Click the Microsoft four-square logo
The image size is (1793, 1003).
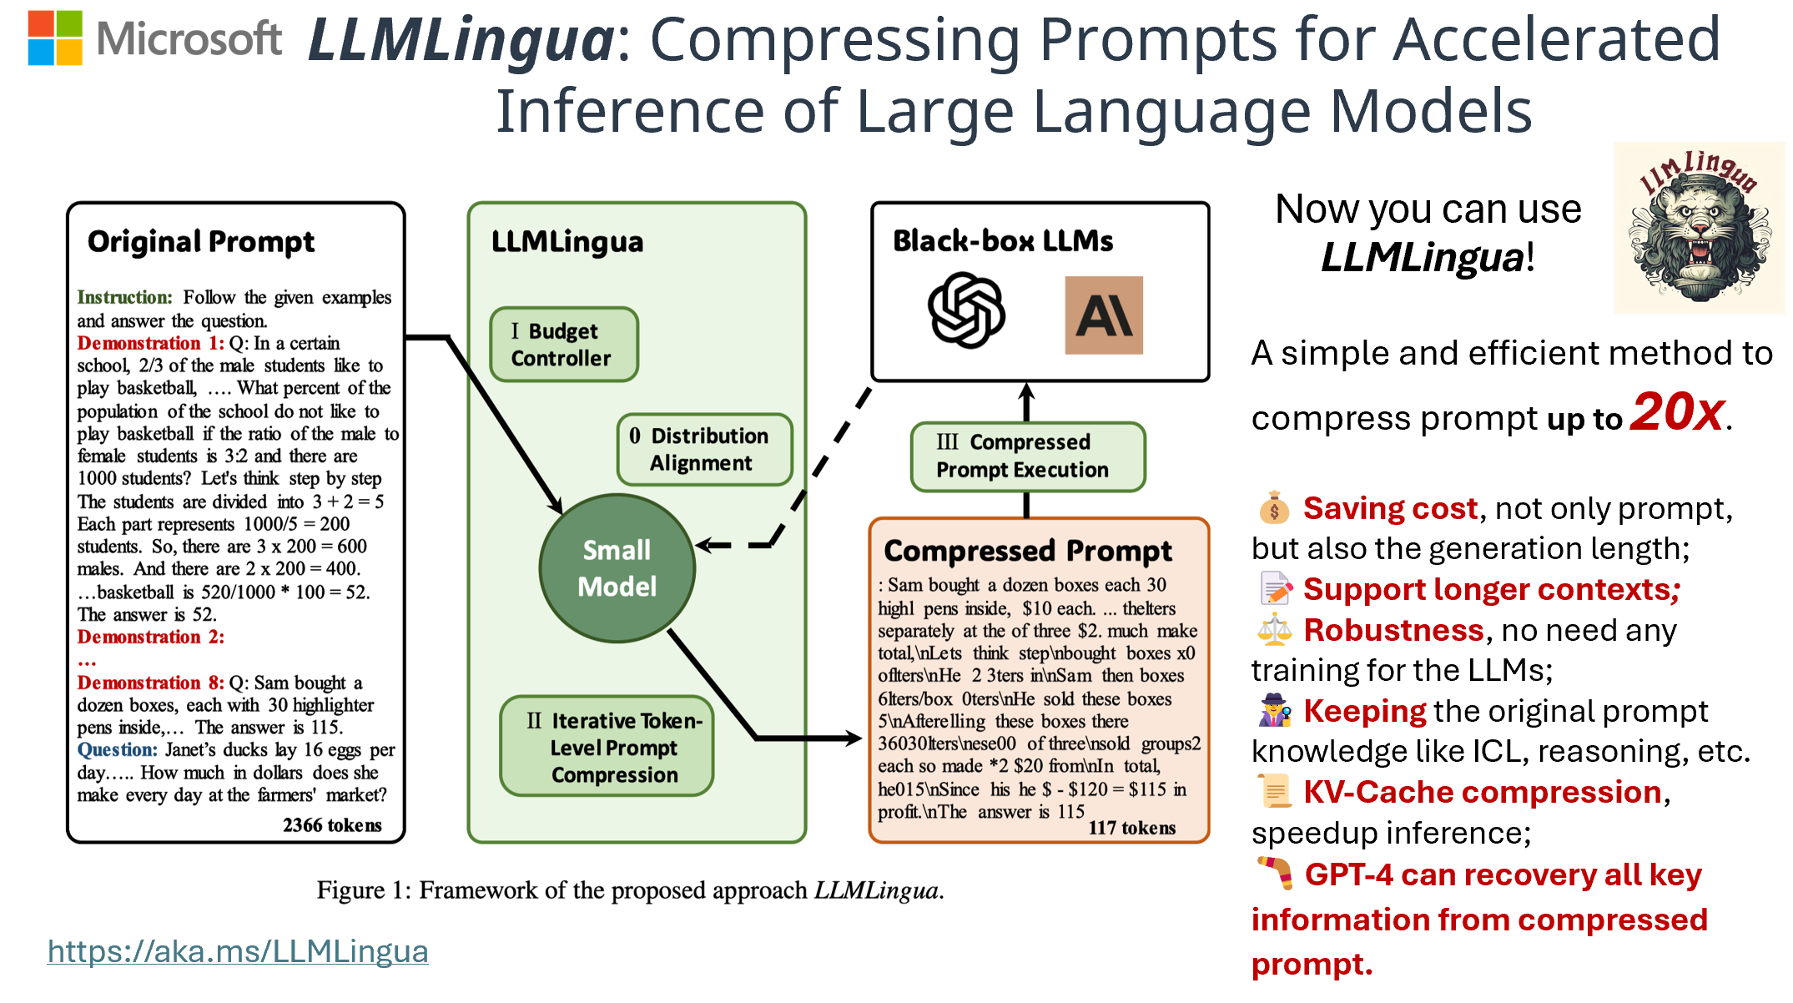(55, 38)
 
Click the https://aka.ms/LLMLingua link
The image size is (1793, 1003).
(238, 951)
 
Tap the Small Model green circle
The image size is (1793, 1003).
(617, 568)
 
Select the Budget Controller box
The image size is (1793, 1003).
(563, 345)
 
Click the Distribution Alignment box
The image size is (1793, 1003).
(704, 450)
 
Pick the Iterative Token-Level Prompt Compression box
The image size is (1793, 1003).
(607, 747)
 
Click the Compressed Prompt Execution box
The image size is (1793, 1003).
(1027, 456)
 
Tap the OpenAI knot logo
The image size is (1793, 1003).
(966, 310)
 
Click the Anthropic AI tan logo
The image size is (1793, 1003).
(1103, 315)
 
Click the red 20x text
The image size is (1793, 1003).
(1677, 412)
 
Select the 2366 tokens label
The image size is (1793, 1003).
(332, 825)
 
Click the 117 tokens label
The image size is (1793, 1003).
(1131, 828)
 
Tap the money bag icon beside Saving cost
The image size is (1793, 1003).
(1274, 508)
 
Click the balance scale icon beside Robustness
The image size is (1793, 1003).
(1274, 631)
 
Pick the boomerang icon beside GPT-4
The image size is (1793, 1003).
(1275, 873)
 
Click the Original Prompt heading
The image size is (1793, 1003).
(201, 242)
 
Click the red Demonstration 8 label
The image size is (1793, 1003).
(150, 683)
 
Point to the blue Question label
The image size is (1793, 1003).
(117, 750)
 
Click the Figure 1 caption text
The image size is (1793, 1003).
(630, 890)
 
